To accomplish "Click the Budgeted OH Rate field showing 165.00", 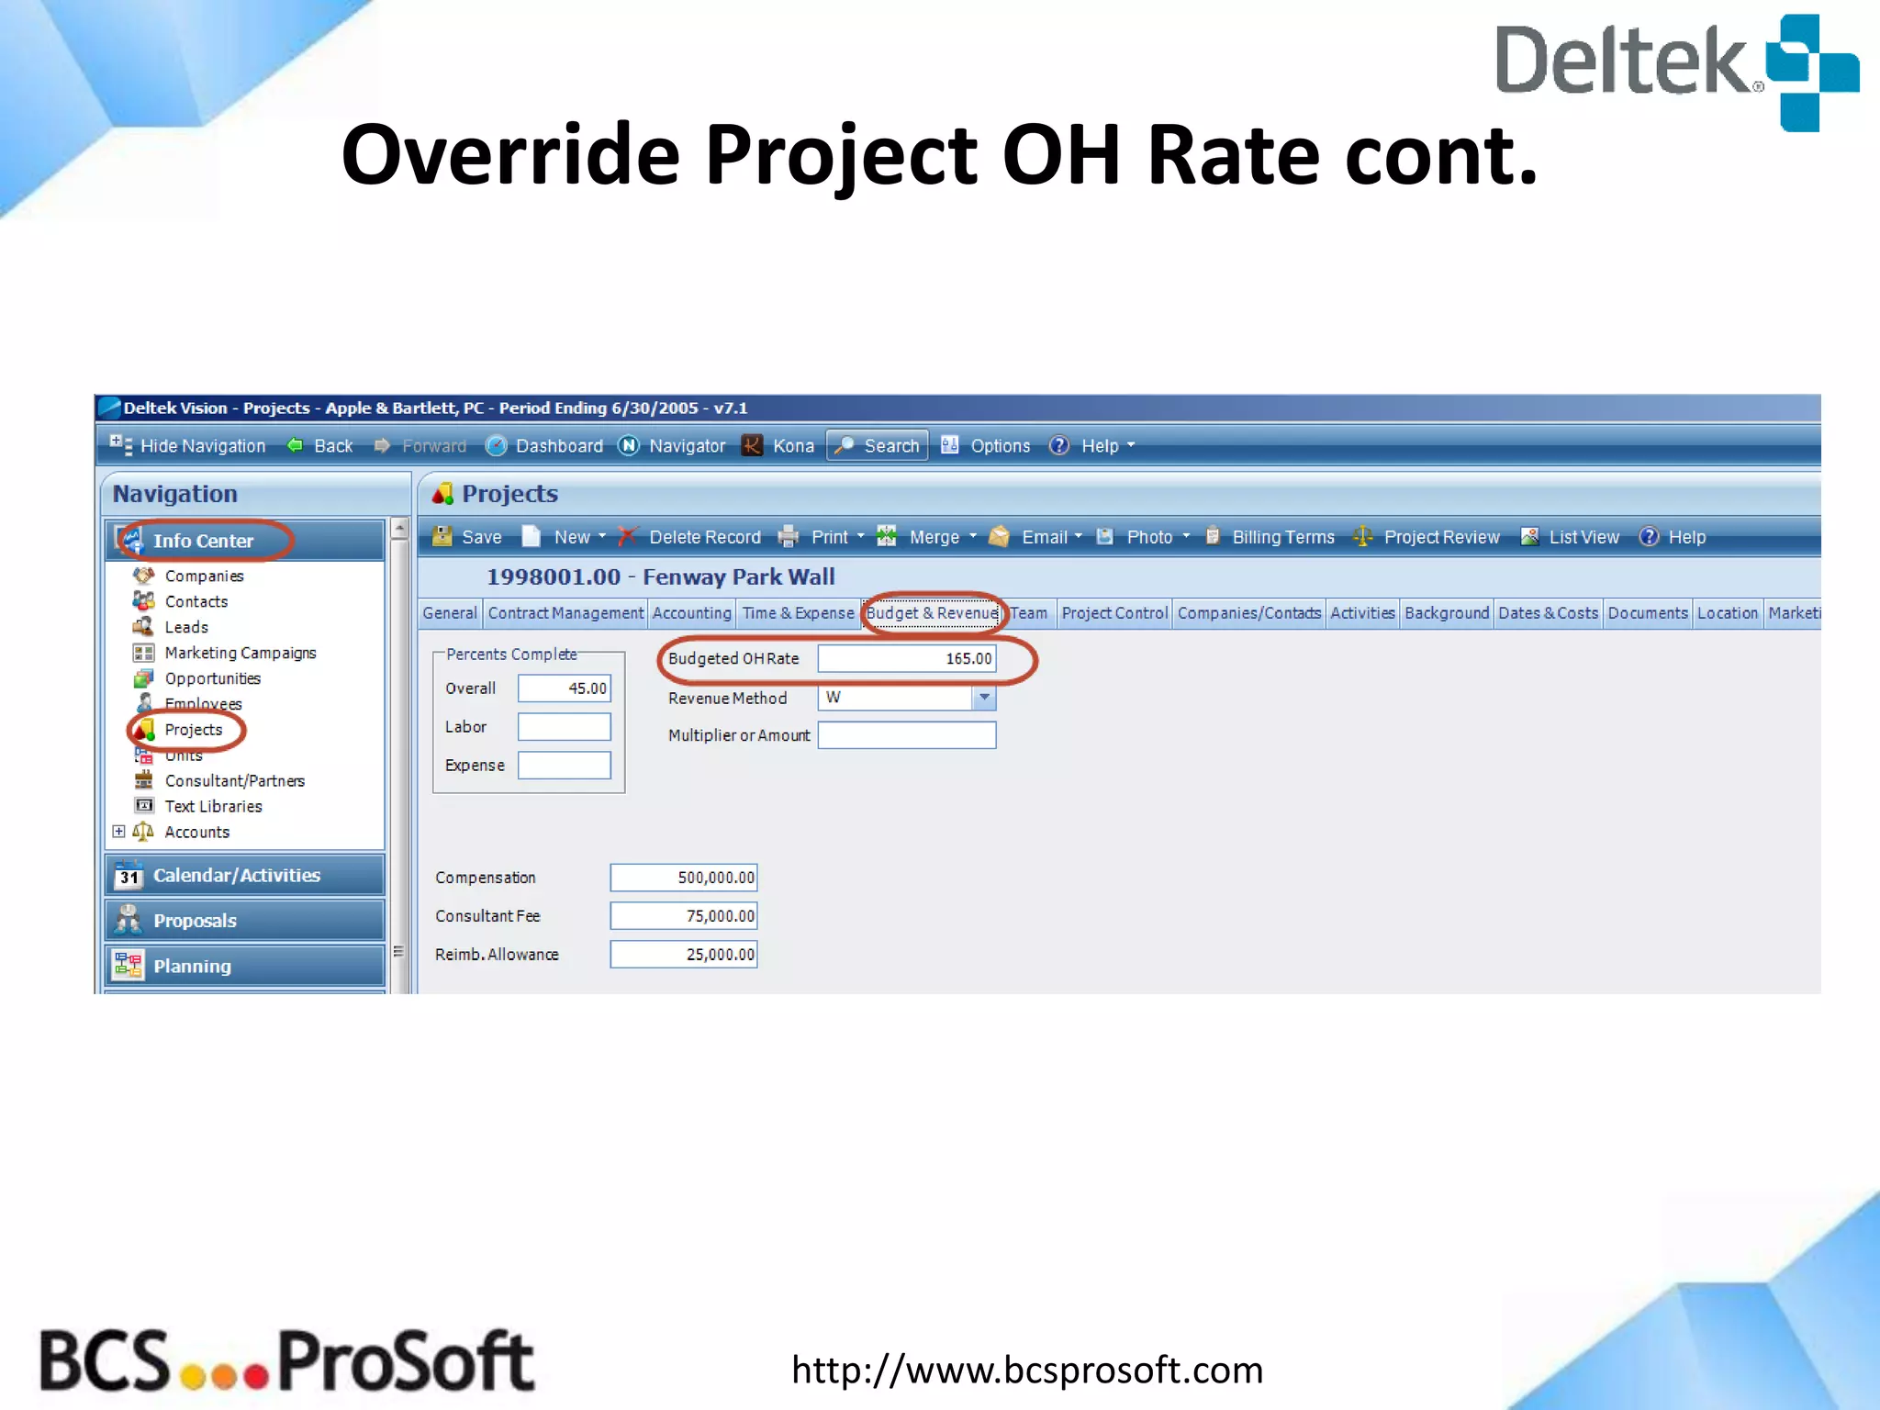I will click(906, 658).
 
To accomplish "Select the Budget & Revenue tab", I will click(932, 613).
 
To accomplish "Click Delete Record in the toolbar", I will click(692, 537).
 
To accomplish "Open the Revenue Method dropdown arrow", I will click(984, 698).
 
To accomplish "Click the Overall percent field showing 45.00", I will click(564, 688).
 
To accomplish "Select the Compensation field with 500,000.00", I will click(683, 878).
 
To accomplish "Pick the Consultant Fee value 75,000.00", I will click(683, 916).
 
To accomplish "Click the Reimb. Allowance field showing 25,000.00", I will click(683, 955).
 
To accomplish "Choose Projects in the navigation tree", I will click(193, 730).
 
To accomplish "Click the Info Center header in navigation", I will click(203, 541).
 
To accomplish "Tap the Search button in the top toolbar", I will click(878, 446).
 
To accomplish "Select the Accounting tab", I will click(692, 613).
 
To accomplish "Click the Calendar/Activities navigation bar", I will click(236, 876).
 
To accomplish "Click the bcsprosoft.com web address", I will click(1027, 1370).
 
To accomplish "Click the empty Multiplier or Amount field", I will click(906, 735).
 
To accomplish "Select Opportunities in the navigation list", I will click(212, 678).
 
